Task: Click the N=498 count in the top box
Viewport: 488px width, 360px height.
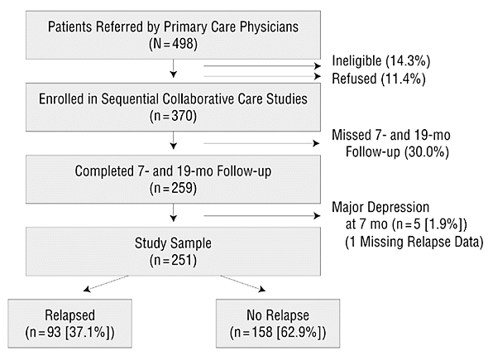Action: tap(173, 44)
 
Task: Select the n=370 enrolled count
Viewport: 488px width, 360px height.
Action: tap(173, 116)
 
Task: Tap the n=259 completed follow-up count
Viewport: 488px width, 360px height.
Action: tap(173, 188)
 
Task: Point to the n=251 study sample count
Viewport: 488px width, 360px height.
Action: tap(173, 261)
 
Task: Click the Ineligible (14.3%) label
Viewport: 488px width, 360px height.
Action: tap(381, 60)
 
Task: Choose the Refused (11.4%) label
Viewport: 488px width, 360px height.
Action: tap(379, 79)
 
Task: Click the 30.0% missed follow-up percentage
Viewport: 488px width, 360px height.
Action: tap(427, 152)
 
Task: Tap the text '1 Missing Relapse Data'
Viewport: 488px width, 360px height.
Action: tap(414, 242)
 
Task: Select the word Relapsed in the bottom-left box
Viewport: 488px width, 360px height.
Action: tap(69, 315)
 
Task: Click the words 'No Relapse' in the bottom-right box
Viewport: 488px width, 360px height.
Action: tap(278, 315)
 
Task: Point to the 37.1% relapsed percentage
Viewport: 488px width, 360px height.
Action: tap(87, 333)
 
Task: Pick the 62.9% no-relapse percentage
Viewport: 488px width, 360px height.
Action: tap(298, 333)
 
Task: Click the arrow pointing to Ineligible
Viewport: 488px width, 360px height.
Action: tap(262, 65)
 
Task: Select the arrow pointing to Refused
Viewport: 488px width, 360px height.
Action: tap(262, 76)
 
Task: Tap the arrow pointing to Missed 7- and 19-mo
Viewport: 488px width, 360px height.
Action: tap(261, 143)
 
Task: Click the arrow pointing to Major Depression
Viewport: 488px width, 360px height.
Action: tap(262, 215)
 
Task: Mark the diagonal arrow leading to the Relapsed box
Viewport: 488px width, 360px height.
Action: tap(106, 283)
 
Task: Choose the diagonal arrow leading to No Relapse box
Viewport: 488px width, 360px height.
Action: tap(243, 283)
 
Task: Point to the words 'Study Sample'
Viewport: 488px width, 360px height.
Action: tap(173, 243)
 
